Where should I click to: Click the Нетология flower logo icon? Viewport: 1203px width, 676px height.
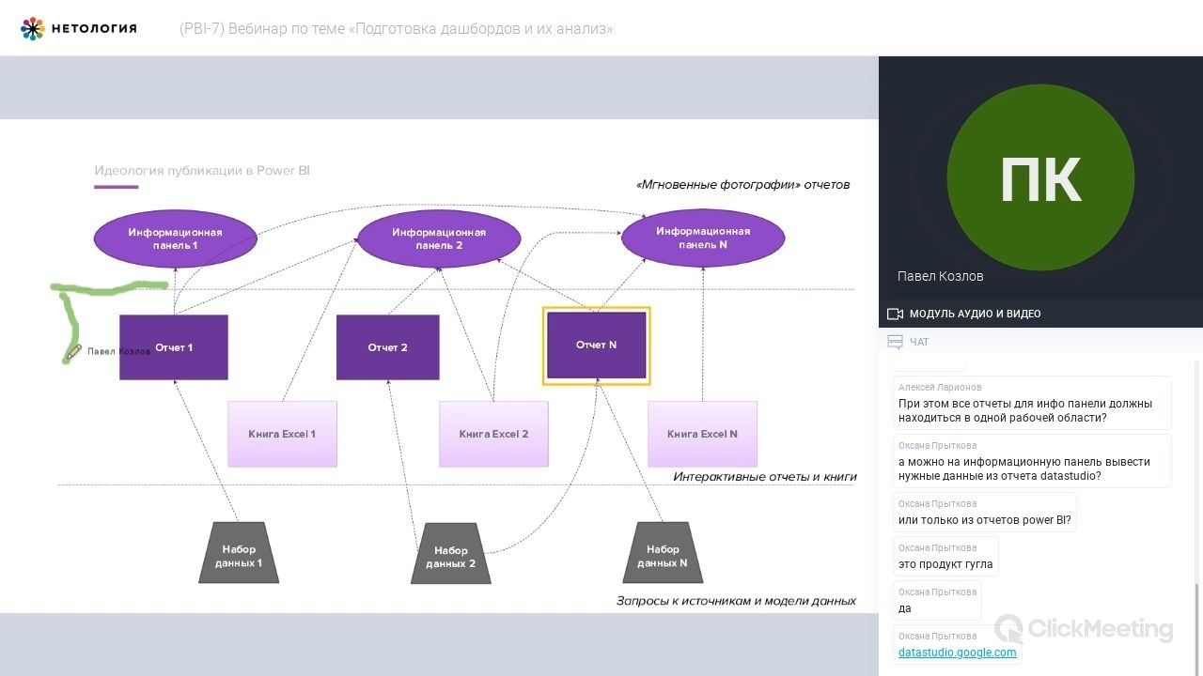coord(32,28)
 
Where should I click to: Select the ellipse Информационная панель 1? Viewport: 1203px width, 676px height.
coord(175,238)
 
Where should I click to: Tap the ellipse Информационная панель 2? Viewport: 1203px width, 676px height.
coord(439,238)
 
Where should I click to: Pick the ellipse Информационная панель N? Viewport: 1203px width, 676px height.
coord(703,238)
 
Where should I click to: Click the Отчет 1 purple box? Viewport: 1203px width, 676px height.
coord(174,347)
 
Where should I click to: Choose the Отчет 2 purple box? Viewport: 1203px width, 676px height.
coord(388,347)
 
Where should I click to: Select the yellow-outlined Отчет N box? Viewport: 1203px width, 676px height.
coord(596,346)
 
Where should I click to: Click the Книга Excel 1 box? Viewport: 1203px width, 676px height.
coord(283,434)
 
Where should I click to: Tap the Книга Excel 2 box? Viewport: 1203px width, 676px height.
coord(493,434)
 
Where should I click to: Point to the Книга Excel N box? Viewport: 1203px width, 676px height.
coord(702,434)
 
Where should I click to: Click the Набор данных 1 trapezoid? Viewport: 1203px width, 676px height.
coord(239,553)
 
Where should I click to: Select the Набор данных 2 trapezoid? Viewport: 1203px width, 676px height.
coord(450,554)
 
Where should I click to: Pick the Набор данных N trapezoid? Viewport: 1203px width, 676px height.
coord(663,553)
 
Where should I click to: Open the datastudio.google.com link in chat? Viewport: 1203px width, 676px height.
coord(957,653)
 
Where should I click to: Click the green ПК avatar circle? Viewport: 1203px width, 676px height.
coord(1040,177)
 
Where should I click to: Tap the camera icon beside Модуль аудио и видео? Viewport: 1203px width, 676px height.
coord(895,314)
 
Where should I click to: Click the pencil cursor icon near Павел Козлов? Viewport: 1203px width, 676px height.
coord(73,352)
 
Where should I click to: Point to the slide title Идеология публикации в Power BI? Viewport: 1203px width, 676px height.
coord(202,171)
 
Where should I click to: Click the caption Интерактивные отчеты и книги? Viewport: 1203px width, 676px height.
coord(765,477)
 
